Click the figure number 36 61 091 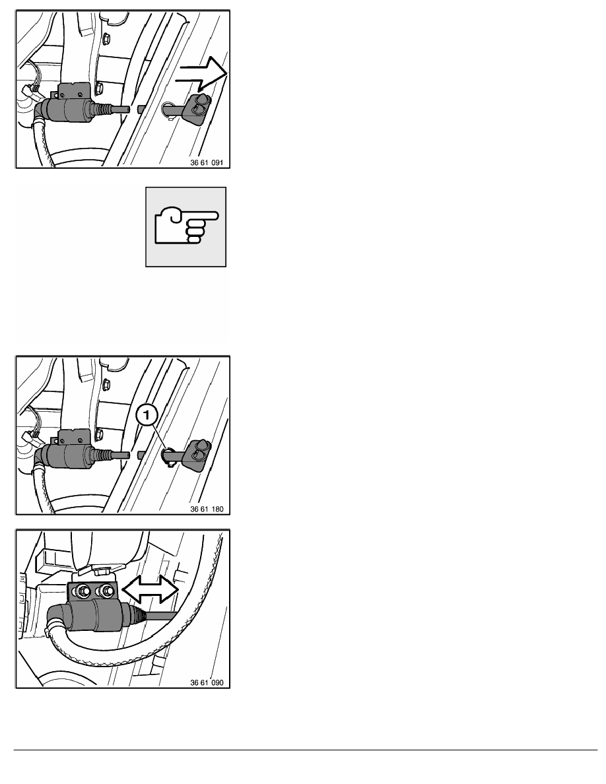click(x=207, y=162)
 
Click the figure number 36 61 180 click(x=207, y=509)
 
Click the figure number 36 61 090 click(x=207, y=682)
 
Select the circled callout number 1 click(x=147, y=414)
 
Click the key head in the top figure click(x=196, y=106)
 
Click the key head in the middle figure click(x=198, y=453)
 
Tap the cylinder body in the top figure click(x=68, y=108)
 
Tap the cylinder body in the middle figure click(x=68, y=455)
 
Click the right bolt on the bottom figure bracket click(x=106, y=591)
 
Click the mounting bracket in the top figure click(x=75, y=90)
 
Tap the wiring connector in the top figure click(x=30, y=90)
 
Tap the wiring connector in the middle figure click(x=30, y=437)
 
